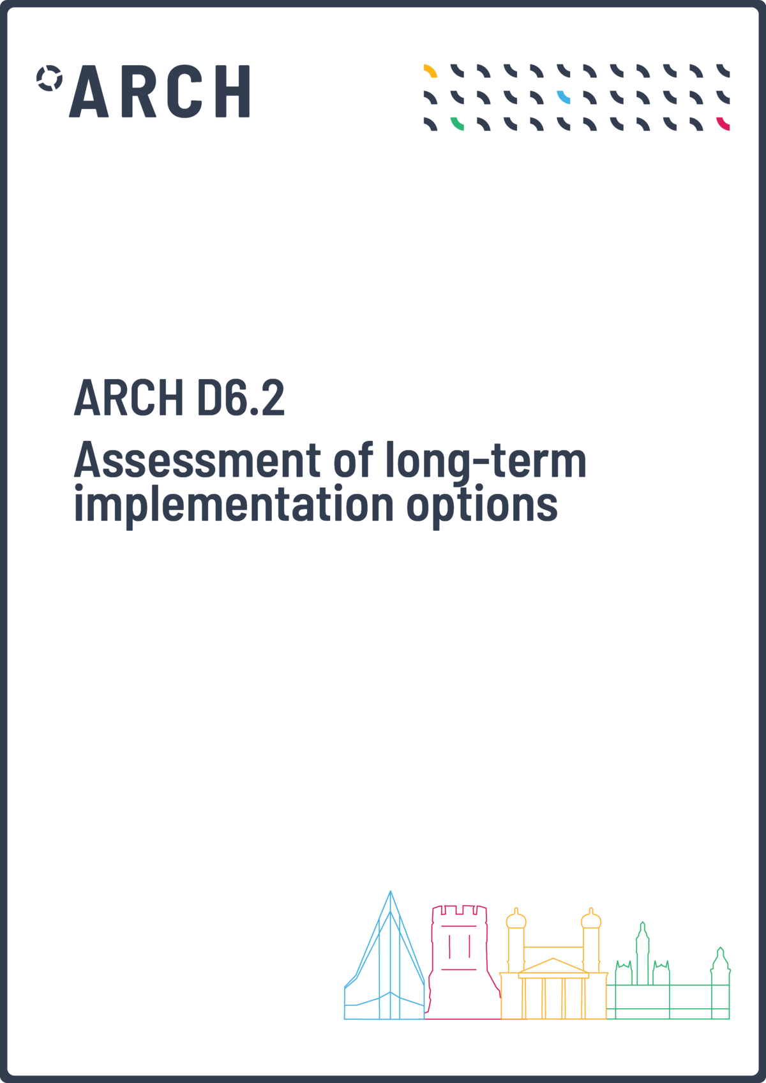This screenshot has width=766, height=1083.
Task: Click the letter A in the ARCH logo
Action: (x=89, y=91)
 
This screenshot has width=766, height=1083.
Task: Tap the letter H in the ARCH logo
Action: (x=232, y=91)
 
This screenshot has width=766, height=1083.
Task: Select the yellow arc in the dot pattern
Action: (x=430, y=71)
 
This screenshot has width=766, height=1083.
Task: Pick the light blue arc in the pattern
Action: (x=564, y=97)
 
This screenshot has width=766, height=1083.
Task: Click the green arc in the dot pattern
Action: (x=457, y=124)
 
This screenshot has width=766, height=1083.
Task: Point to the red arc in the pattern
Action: (x=723, y=124)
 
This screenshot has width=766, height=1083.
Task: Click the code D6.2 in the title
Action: (x=241, y=398)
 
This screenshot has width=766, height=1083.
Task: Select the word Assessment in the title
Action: (x=197, y=459)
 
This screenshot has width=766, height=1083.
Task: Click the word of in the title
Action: (x=354, y=459)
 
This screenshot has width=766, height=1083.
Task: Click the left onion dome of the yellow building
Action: (x=516, y=919)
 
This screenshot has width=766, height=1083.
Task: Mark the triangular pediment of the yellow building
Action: (x=553, y=967)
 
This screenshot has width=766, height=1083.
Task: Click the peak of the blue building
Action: (x=390, y=891)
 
